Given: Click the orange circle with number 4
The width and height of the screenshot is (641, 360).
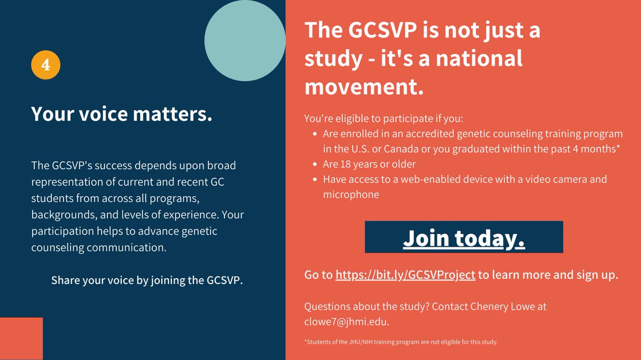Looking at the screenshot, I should point(45,66).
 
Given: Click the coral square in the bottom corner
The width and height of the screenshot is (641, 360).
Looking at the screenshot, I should point(21,339).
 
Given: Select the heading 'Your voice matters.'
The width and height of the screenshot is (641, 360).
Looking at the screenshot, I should point(121,114).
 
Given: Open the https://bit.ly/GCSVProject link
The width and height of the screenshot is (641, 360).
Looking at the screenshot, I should point(405,275).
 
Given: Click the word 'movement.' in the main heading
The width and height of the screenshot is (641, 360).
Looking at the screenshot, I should point(364,88).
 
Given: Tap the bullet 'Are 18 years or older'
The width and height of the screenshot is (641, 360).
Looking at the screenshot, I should point(369,164).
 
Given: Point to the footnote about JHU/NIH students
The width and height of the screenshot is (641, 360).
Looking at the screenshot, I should point(401,342).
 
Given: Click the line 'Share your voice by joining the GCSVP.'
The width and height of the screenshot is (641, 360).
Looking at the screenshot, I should point(147,280).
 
